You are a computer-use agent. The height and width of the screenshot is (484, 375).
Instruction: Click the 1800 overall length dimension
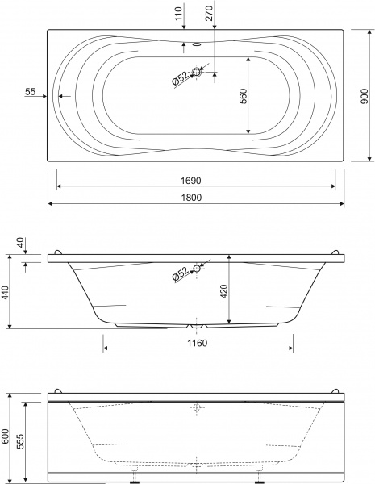(191, 198)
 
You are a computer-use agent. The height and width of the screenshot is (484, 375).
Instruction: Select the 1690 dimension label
(191, 181)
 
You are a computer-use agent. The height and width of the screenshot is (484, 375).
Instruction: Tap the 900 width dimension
(365, 96)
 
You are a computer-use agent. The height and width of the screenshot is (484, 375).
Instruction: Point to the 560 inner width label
(244, 96)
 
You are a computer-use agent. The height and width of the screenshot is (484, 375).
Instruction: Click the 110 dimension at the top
(178, 14)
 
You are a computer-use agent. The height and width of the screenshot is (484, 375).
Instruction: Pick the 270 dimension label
(209, 13)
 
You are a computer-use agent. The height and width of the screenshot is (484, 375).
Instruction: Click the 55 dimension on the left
(31, 92)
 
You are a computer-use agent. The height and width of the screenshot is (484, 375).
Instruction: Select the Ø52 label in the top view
(181, 79)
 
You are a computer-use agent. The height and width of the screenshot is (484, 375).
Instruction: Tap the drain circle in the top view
(197, 73)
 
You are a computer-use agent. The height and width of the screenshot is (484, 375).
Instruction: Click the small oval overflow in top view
(196, 44)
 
